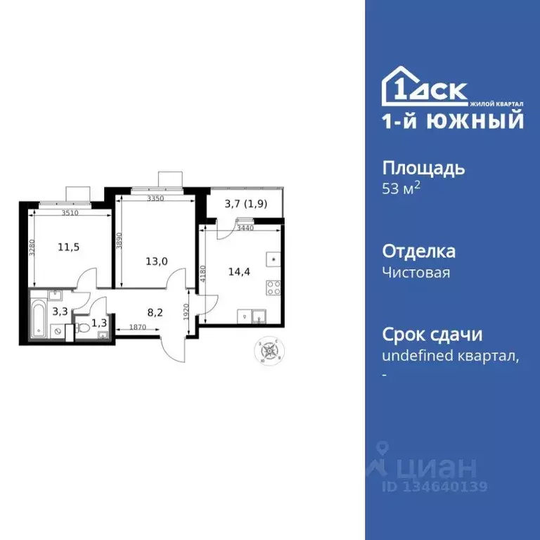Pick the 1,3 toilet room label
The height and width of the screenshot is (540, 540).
coord(99,324)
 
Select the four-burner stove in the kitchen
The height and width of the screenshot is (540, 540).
coord(274,287)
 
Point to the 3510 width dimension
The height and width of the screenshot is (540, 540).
coord(69,212)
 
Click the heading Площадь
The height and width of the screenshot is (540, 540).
coord(423,169)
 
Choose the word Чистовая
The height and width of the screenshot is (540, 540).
coord(416,272)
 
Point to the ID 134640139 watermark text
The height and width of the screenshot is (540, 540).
coord(435,487)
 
